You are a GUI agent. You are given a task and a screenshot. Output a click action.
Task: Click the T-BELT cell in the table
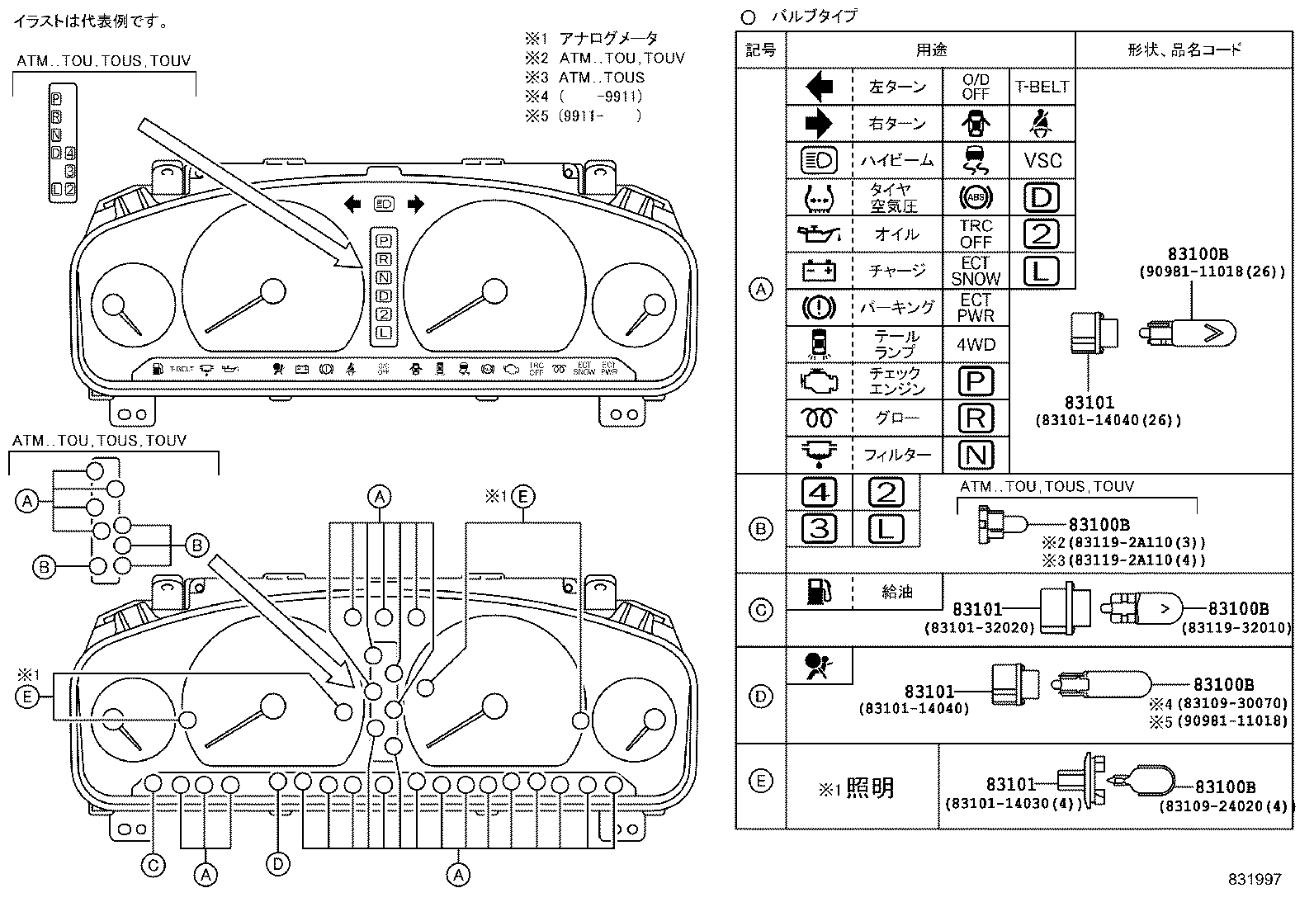tap(1042, 87)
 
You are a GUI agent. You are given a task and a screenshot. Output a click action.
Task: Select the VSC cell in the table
tap(1042, 160)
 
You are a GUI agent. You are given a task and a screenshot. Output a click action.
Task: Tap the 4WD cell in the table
tap(976, 344)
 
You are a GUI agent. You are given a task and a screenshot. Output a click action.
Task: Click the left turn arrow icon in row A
tap(818, 87)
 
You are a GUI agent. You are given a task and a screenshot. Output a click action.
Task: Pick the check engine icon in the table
tap(818, 380)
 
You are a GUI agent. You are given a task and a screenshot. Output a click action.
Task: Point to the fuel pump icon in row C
tap(818, 591)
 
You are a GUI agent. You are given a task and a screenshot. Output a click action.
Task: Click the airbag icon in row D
tap(818, 665)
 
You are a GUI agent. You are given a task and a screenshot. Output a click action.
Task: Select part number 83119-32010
tap(1236, 627)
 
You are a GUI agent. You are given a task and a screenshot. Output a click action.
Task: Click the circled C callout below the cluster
tap(154, 865)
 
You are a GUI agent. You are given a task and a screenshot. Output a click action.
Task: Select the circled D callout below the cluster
tap(278, 863)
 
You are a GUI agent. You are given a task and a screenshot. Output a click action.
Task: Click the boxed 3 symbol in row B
tap(819, 528)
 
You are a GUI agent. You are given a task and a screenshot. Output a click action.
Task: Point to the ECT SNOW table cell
tap(976, 271)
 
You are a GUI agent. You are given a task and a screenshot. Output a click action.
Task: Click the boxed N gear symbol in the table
tap(976, 455)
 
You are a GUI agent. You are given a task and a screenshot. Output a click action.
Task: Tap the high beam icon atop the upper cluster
tap(384, 203)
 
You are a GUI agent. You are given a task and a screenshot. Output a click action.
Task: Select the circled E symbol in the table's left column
tap(761, 781)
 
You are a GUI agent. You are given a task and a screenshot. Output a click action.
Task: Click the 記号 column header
tap(761, 50)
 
